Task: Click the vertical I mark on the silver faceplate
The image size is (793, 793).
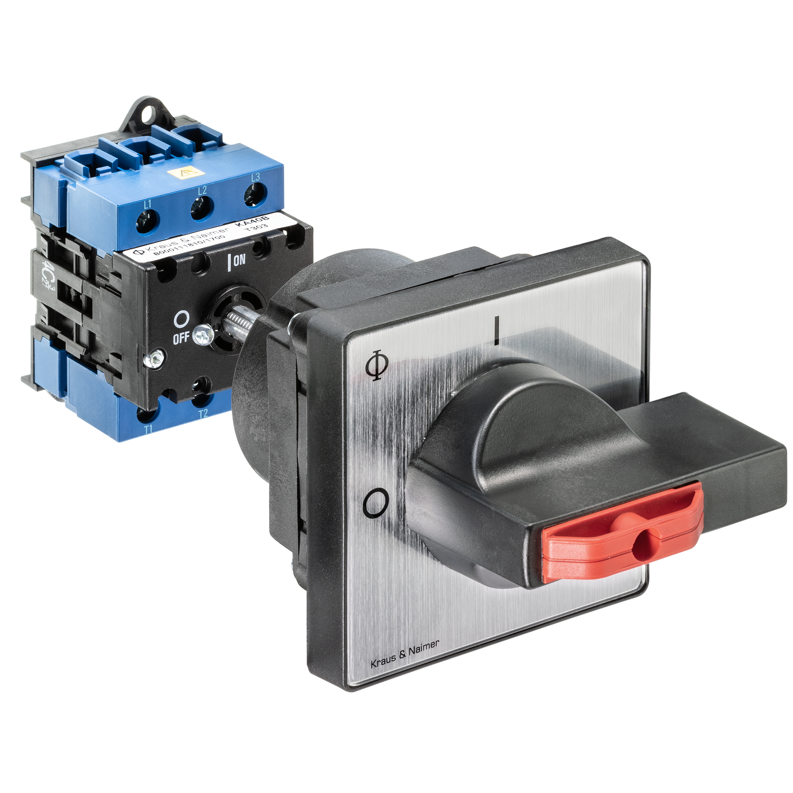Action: pos(497,329)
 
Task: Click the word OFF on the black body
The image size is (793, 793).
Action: pos(180,338)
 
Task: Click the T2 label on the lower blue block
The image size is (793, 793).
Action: pos(203,414)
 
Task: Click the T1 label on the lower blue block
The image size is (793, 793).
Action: pos(149,429)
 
